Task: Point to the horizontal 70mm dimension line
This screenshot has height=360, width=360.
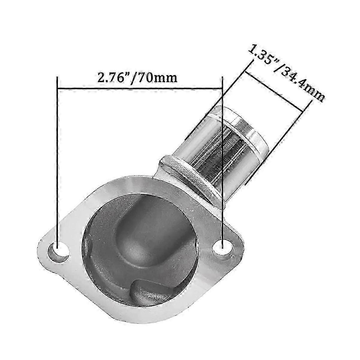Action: [139, 88]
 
